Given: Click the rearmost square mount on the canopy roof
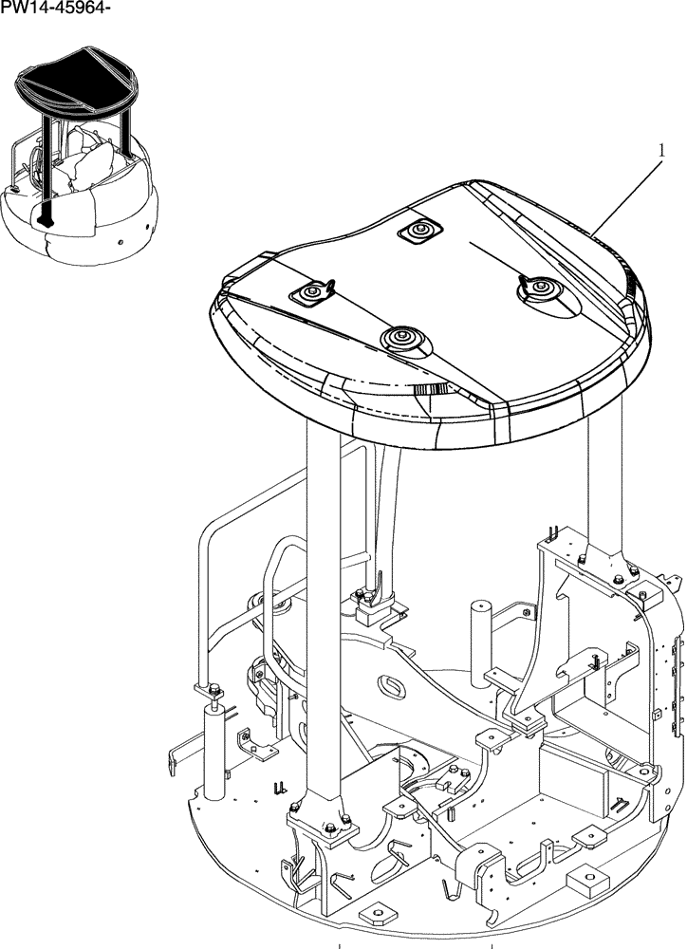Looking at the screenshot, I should [x=419, y=230].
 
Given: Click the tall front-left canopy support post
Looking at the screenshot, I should [x=323, y=617].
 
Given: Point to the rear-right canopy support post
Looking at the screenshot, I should [x=603, y=484].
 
